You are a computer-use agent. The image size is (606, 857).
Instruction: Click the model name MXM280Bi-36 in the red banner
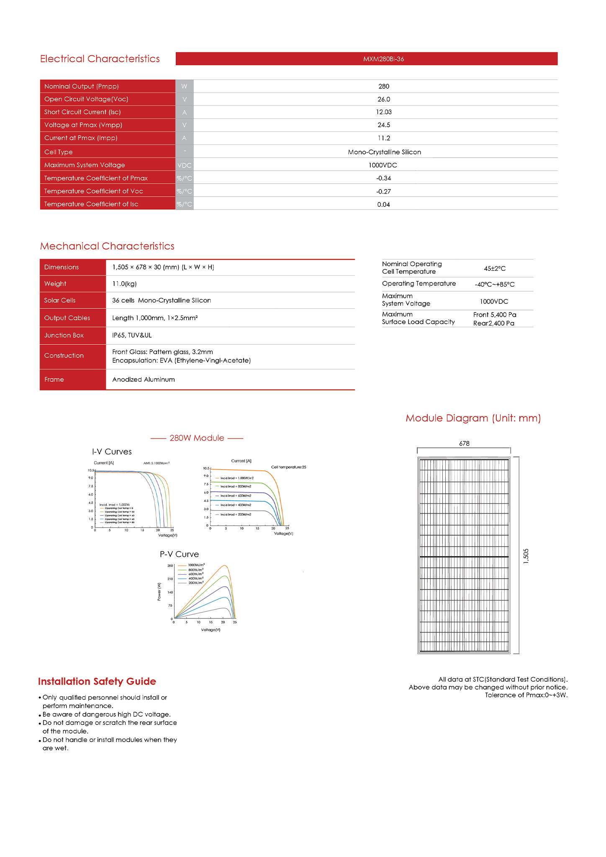click(x=383, y=59)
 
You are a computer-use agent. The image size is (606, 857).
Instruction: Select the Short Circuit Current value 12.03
click(x=383, y=112)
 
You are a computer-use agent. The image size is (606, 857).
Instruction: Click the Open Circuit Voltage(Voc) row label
click(x=86, y=99)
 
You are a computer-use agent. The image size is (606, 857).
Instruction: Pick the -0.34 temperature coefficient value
click(x=383, y=178)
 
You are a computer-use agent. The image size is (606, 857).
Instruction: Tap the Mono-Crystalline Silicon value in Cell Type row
click(x=384, y=152)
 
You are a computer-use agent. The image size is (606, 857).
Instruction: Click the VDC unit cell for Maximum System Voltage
click(x=184, y=165)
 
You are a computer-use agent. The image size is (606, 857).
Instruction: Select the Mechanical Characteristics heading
click(x=107, y=246)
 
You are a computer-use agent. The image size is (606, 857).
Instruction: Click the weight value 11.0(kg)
click(x=124, y=284)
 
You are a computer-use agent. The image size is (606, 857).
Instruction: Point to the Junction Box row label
click(x=64, y=335)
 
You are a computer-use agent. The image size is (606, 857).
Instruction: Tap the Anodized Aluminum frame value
click(x=144, y=380)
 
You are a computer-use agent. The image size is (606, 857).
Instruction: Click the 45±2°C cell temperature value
click(x=495, y=269)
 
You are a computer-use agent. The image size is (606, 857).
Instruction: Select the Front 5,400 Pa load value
click(x=495, y=315)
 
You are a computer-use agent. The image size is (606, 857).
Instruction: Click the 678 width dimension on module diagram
click(x=464, y=444)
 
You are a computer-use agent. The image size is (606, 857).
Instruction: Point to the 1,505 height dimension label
click(x=526, y=556)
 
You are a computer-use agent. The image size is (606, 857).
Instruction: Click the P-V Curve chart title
click(x=179, y=554)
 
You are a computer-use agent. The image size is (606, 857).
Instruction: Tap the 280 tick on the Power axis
click(x=170, y=566)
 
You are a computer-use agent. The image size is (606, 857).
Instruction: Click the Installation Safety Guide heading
click(x=97, y=681)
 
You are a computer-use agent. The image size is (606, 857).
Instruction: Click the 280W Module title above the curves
click(x=197, y=438)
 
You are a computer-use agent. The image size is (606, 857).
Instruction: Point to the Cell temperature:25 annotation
click(x=288, y=467)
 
